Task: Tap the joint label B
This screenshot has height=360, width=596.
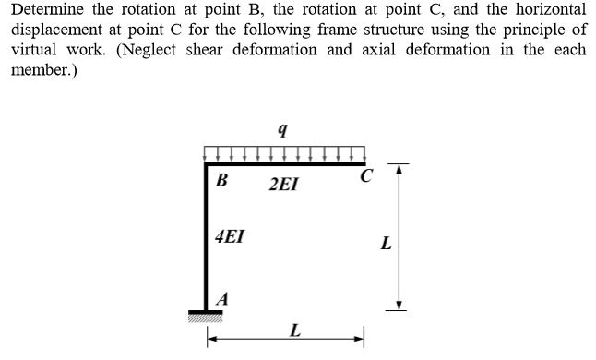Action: (221, 181)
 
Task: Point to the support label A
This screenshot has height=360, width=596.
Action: (221, 297)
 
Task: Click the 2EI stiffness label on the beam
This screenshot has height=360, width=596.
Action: (283, 185)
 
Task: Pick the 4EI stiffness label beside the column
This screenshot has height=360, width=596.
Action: (230, 235)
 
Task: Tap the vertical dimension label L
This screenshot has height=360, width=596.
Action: (386, 246)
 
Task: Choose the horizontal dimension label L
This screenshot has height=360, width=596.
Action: (293, 330)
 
